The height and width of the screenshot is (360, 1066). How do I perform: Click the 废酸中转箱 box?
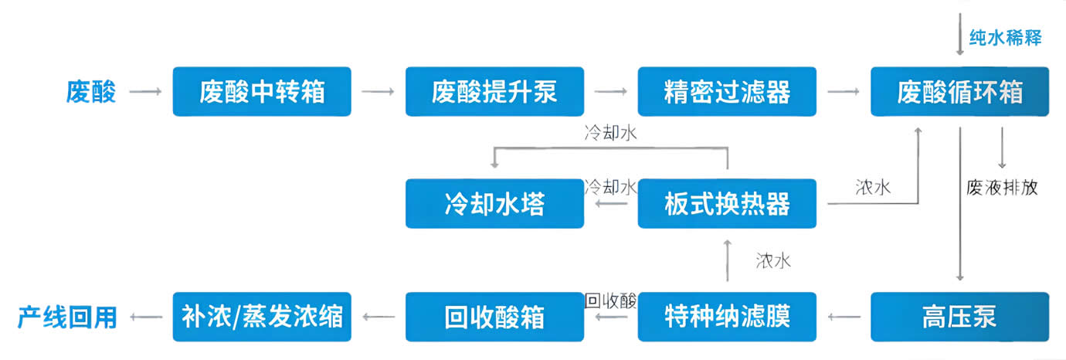coord(262,92)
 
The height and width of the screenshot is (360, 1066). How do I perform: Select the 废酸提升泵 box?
coord(494,92)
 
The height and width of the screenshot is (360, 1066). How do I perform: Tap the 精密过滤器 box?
coord(727,92)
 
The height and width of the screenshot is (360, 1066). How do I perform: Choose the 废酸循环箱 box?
coord(959,92)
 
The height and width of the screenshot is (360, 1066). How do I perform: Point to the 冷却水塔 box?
coord(494,204)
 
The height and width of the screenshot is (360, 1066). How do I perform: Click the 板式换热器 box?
coord(727,204)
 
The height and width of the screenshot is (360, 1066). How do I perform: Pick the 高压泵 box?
coord(959,317)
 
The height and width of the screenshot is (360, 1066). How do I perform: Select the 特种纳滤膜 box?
coord(727,317)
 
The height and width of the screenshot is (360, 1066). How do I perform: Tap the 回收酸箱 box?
coord(494,317)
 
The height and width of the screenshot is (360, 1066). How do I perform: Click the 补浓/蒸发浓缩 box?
coord(262,317)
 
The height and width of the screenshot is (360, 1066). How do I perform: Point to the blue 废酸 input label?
coord(91,93)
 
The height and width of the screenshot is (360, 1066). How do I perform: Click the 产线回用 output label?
coord(67,317)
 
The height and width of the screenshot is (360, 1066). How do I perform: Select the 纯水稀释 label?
coord(1005,37)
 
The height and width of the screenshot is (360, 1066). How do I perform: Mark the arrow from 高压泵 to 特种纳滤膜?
coord(844,317)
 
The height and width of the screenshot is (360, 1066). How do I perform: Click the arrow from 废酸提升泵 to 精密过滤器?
coord(610,92)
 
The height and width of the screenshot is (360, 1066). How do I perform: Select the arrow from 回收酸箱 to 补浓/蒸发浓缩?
coord(378,317)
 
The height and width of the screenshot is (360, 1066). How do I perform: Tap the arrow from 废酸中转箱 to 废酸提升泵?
coord(378,92)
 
